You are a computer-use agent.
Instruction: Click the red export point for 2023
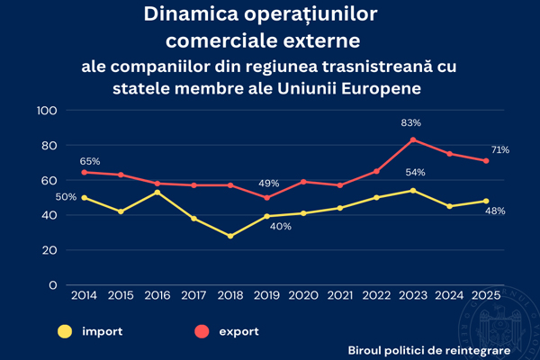tap(412, 139)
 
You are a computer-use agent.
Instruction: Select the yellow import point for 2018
tap(229, 236)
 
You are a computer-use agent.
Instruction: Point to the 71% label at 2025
tap(500, 149)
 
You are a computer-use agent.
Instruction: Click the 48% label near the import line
tap(495, 211)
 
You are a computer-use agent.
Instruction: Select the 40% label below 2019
tap(280, 227)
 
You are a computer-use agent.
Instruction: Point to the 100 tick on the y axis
tap(46, 111)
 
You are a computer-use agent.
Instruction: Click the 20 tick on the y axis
tap(49, 250)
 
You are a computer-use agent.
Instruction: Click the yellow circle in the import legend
tap(66, 330)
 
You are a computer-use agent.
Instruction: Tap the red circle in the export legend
tap(202, 330)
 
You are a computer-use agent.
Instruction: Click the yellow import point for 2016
tap(157, 193)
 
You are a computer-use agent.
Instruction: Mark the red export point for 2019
tap(266, 197)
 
